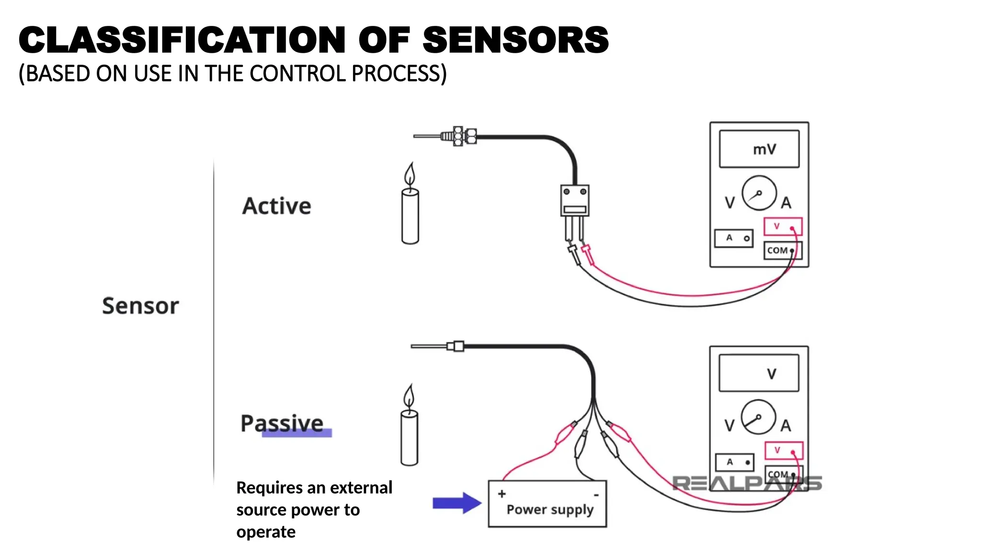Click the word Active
[276, 206]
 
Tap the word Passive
[282, 424]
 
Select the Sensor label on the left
[140, 306]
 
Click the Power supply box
[547, 504]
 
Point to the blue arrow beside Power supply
[456, 503]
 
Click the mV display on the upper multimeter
[759, 149]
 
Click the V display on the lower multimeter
[759, 373]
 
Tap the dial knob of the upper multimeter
[759, 193]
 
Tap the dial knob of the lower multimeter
[758, 417]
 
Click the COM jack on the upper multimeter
[782, 251]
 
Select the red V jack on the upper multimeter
[783, 227]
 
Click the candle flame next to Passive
[409, 397]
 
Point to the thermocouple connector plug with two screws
[575, 200]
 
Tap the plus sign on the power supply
[502, 494]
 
